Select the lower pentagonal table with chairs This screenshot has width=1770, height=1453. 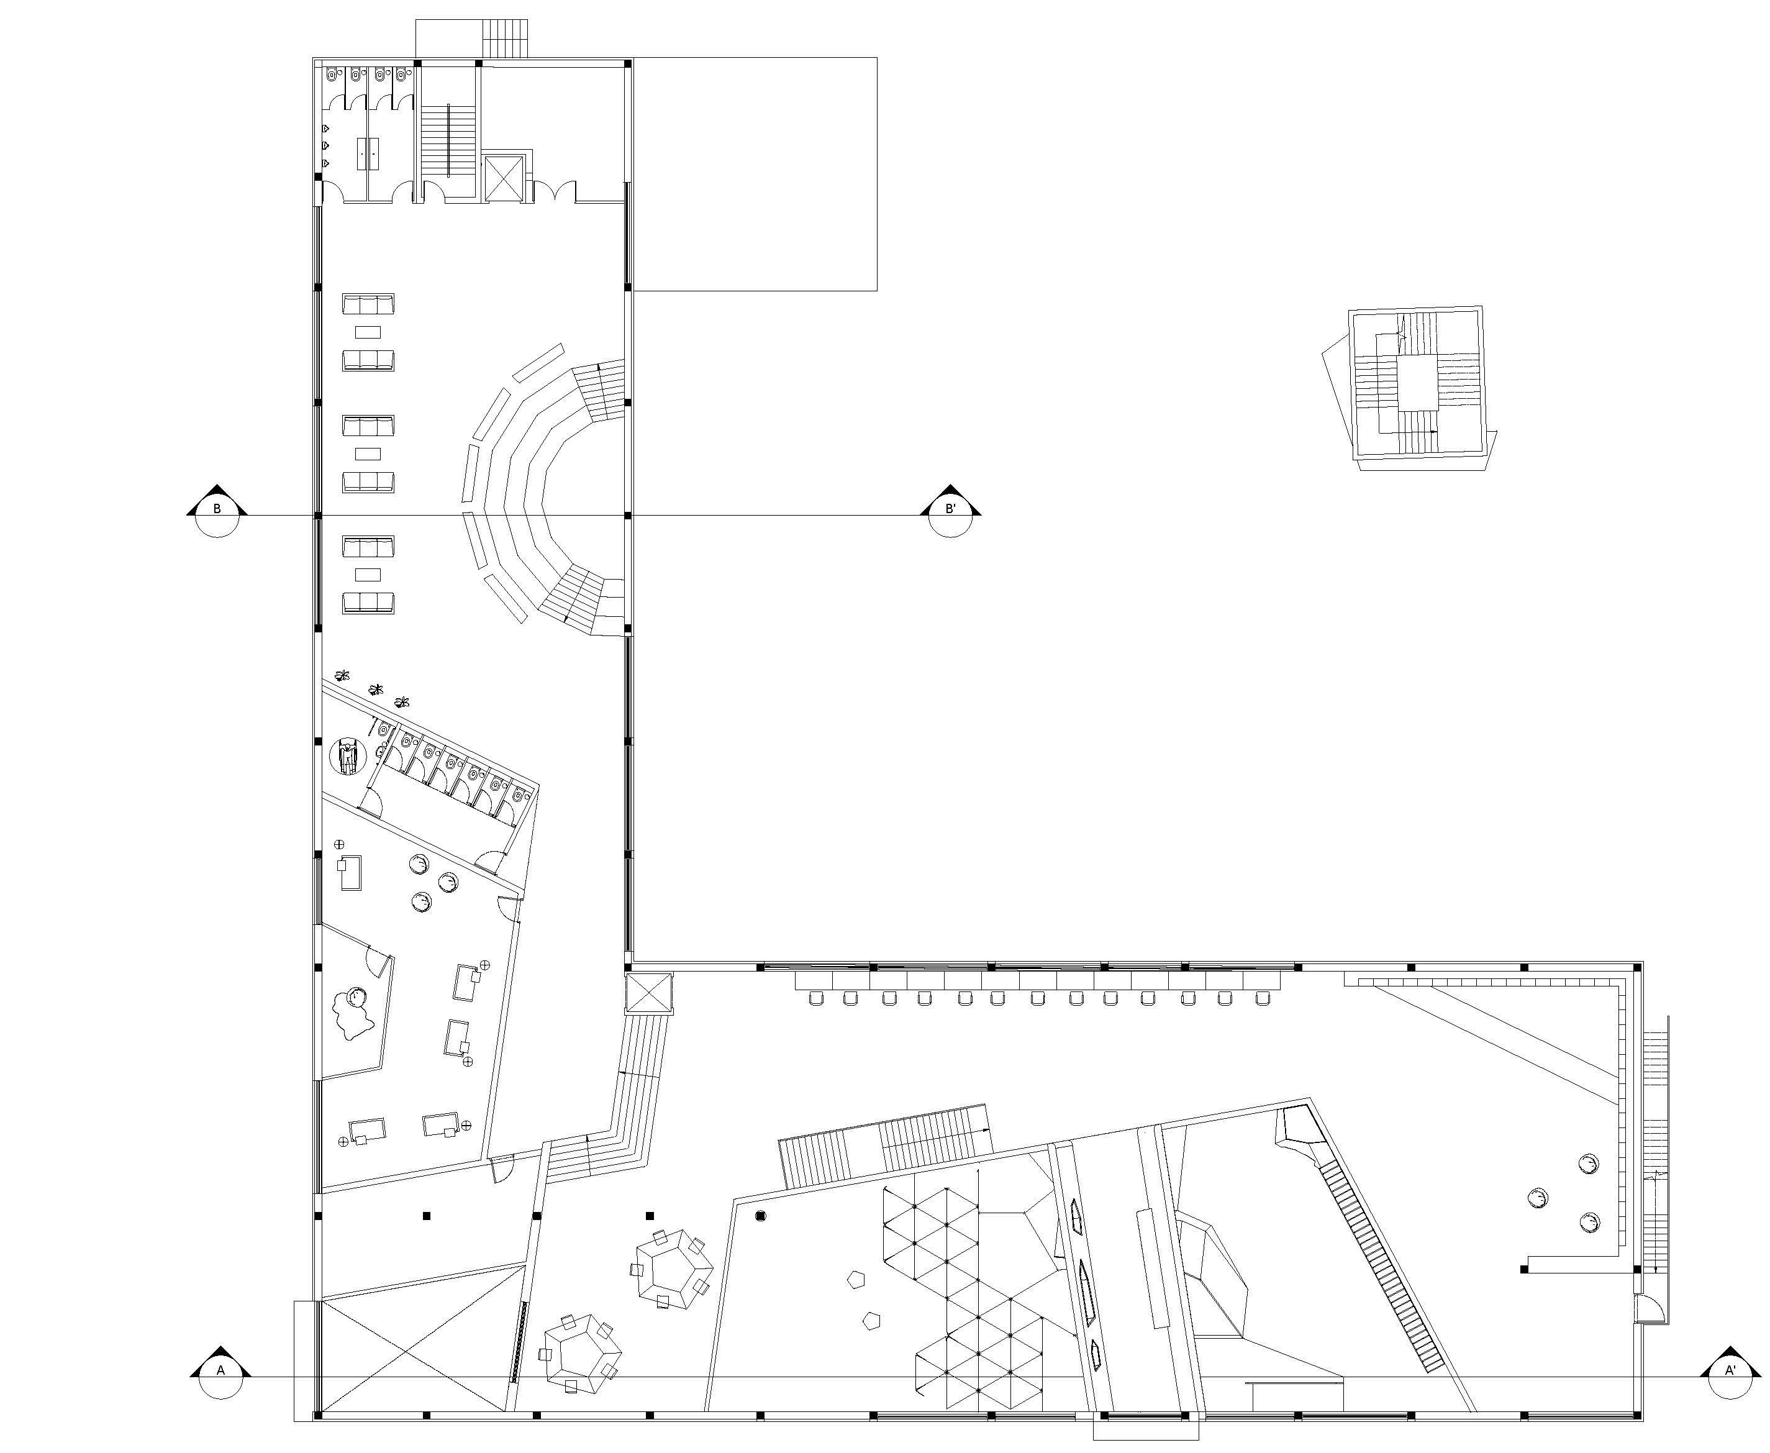tap(581, 1354)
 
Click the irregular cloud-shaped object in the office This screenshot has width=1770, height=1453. tap(353, 1013)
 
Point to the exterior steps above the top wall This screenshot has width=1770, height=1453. tap(506, 39)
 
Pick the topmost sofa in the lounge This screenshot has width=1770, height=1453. tap(368, 304)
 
